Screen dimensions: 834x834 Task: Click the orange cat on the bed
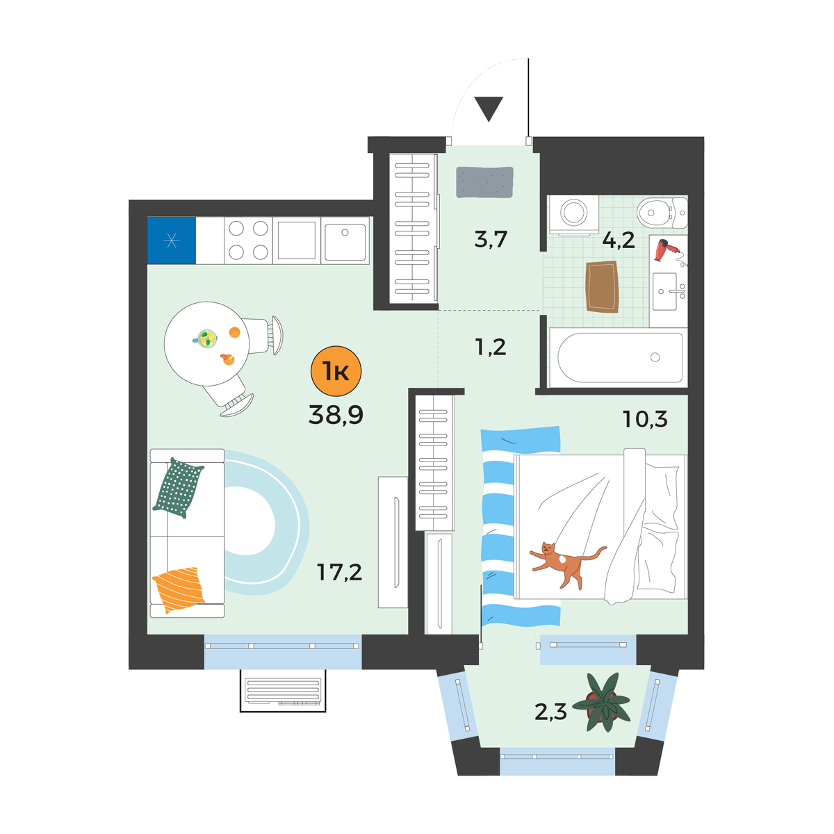click(567, 564)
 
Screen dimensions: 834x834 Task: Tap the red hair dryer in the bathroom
click(667, 251)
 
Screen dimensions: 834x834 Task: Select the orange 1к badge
click(336, 371)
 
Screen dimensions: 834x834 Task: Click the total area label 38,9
click(336, 414)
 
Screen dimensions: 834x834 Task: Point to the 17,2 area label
click(339, 572)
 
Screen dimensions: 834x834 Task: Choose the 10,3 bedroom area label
click(645, 418)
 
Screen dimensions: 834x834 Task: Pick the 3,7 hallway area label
click(491, 239)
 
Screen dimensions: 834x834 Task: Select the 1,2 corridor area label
click(491, 347)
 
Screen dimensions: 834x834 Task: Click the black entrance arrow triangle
click(489, 108)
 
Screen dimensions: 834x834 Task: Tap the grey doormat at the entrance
click(484, 182)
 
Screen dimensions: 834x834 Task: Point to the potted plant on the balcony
click(601, 703)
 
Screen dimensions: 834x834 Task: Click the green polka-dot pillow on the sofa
click(178, 488)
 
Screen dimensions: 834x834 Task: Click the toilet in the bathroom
click(662, 213)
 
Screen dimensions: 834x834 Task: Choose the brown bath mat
click(602, 286)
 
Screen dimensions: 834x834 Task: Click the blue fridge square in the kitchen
click(172, 240)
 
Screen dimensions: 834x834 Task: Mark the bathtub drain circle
click(655, 357)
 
